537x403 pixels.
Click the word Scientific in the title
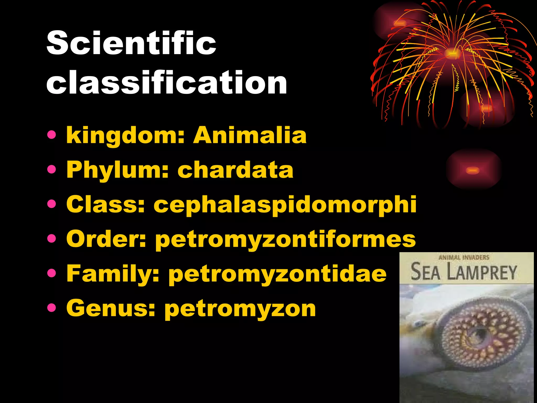(x=131, y=43)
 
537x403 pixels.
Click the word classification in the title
(x=167, y=82)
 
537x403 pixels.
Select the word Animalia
(x=250, y=135)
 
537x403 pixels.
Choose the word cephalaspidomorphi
(x=285, y=205)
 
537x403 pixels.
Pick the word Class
(x=105, y=205)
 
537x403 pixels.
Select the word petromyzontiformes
(x=285, y=239)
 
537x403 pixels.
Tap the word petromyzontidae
(x=277, y=274)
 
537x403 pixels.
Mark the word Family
(x=113, y=274)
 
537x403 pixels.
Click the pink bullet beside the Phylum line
(x=52, y=169)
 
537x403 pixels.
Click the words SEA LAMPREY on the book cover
(x=463, y=272)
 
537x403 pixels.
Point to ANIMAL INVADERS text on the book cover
(x=464, y=257)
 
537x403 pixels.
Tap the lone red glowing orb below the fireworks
(x=473, y=170)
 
